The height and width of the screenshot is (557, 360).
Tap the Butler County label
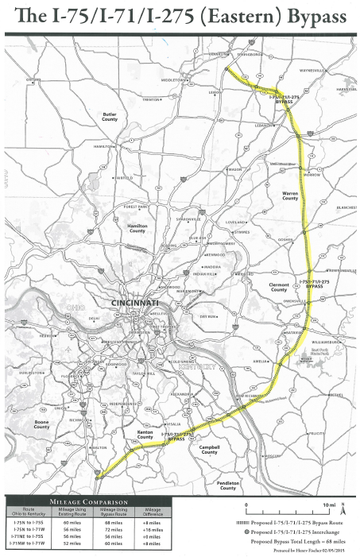point(110,116)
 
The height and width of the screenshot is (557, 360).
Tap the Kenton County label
point(145,436)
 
